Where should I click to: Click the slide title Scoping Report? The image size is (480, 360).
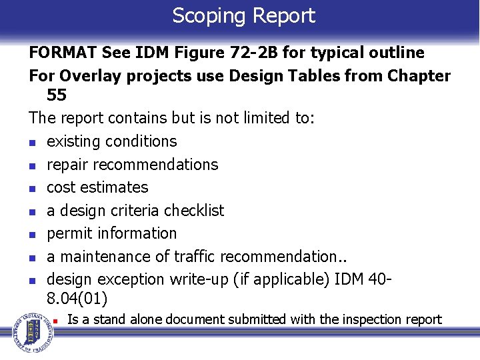[243, 16]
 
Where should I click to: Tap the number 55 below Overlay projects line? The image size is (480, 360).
[57, 95]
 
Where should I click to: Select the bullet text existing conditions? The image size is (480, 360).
[111, 141]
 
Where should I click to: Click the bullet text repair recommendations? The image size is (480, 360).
[132, 165]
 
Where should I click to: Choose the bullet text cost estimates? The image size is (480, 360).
[97, 187]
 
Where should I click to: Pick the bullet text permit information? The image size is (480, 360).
[111, 233]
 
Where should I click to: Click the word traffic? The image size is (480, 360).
[196, 257]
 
